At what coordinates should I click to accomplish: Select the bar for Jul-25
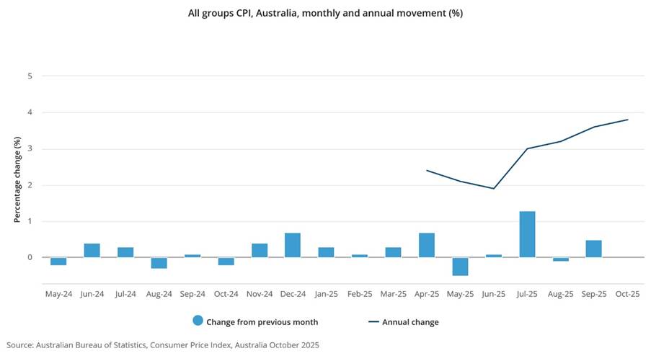tap(527, 234)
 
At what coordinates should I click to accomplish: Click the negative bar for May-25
tap(460, 267)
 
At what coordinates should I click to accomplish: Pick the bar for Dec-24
tap(293, 245)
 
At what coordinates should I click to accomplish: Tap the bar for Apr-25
tap(427, 245)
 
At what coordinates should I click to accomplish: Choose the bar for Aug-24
tap(159, 263)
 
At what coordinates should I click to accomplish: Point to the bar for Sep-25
tap(593, 249)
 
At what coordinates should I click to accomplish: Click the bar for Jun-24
tap(92, 250)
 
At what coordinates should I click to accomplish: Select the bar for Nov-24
tap(260, 250)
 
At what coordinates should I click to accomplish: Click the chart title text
tap(325, 14)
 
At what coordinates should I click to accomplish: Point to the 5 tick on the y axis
tap(30, 76)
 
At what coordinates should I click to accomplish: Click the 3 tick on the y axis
tap(30, 148)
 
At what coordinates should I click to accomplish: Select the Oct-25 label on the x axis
tap(627, 294)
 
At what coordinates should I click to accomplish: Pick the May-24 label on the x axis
tap(58, 294)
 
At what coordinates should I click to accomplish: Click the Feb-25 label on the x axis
tap(360, 294)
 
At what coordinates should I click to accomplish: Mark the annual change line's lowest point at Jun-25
tap(494, 189)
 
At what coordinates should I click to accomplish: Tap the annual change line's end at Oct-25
tap(627, 120)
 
